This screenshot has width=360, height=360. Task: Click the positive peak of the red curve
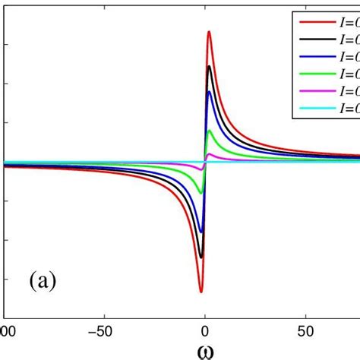pos(210,32)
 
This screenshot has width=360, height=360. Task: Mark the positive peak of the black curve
pos(210,67)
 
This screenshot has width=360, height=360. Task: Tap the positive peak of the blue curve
pos(210,92)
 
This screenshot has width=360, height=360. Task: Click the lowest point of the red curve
pos(201,291)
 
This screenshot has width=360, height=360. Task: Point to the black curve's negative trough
pos(201,257)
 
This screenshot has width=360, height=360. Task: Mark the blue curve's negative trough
pos(201,231)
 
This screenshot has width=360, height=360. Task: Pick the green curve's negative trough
pos(201,193)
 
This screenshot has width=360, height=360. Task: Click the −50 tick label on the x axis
pos(102,331)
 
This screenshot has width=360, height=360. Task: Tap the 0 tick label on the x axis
pos(205,331)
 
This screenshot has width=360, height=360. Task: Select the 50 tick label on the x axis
pos(306,331)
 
